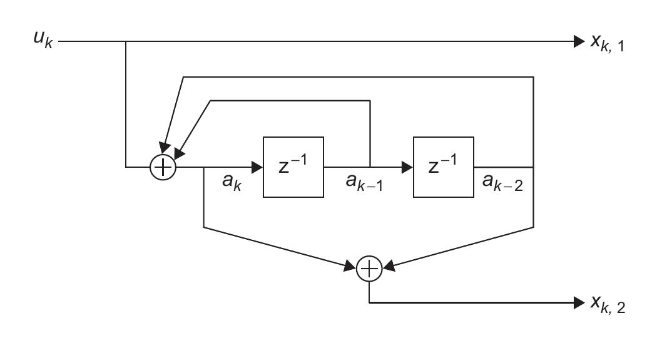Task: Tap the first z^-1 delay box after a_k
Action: (293, 167)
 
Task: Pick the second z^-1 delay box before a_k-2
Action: (443, 167)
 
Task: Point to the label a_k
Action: (232, 183)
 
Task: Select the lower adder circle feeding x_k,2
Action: (370, 269)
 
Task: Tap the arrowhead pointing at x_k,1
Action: (577, 43)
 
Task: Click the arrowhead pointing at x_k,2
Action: (577, 303)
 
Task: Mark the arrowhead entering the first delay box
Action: (257, 167)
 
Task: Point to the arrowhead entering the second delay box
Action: (407, 167)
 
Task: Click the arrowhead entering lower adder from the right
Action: (389, 267)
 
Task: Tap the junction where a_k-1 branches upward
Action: (370, 167)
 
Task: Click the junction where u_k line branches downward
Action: (126, 43)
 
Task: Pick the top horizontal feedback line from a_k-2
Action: (357, 78)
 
